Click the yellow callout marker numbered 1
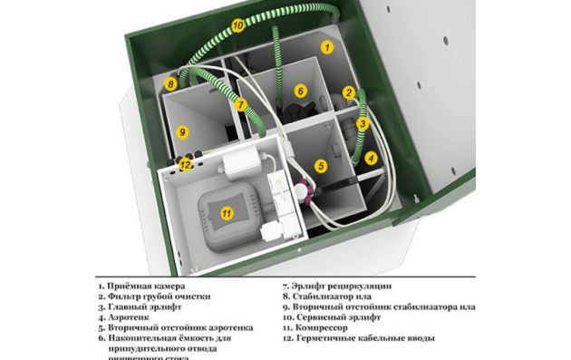click(x=327, y=45)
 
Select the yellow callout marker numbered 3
click(x=362, y=123)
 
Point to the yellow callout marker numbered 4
click(x=370, y=157)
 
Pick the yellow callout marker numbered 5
click(x=320, y=166)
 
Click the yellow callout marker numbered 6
click(x=300, y=91)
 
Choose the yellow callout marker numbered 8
click(x=170, y=84)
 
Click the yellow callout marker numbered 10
click(x=237, y=26)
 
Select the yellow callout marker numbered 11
click(x=227, y=214)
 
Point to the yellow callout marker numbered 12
click(x=185, y=165)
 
